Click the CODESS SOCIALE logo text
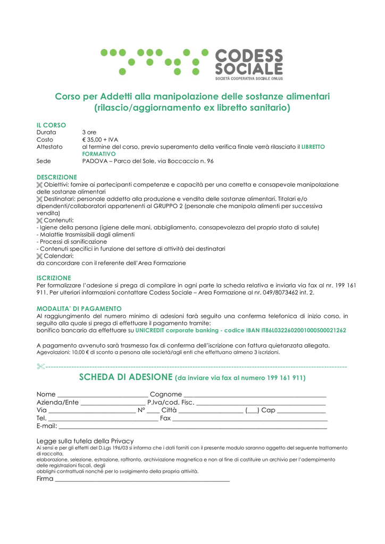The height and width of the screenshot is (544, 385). coord(248,62)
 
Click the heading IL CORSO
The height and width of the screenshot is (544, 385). coord(51,124)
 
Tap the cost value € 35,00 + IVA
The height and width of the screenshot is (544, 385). coord(100,139)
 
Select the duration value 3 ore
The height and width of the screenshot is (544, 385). coord(89,132)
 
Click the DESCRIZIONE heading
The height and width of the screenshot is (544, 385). coord(56,177)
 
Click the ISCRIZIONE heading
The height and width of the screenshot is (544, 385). coord(53,278)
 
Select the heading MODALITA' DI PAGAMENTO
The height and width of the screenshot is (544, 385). coord(79,308)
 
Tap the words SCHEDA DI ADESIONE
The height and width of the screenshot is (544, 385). coord(125,377)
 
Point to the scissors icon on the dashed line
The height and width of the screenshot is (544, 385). coord(41,366)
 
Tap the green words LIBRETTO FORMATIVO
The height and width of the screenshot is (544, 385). coord(313,147)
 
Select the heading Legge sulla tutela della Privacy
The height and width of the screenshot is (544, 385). coord(85,440)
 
